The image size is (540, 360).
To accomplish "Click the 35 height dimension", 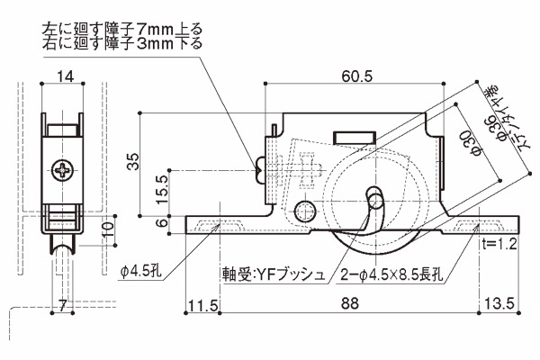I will coord(134,162).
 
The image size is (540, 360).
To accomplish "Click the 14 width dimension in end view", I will coord(64,76).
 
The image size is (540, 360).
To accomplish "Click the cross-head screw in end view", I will coord(65,168).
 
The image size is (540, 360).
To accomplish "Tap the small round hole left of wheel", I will coord(306,211).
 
